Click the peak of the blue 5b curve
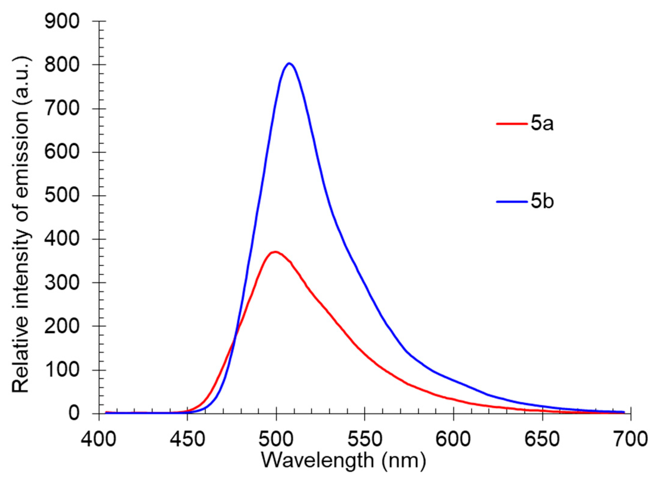[289, 63]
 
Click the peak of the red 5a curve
[275, 252]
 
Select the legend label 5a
[542, 124]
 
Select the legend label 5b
[542, 202]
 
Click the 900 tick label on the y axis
[62, 21]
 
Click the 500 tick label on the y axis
[62, 196]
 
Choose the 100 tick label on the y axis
[62, 370]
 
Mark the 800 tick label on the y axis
[62, 65]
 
